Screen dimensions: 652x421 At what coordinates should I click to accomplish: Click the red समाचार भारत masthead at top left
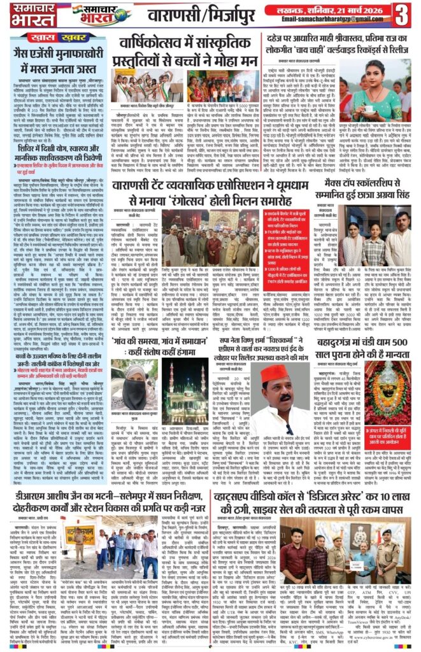[24, 15]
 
